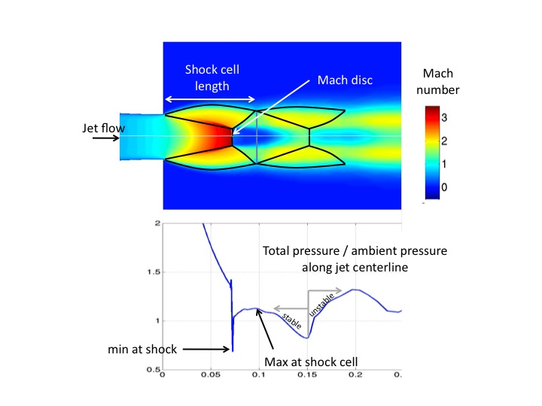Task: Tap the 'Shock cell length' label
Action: pyautogui.click(x=208, y=77)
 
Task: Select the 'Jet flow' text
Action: pyautogui.click(x=102, y=128)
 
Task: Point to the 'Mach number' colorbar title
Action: pyautogui.click(x=442, y=83)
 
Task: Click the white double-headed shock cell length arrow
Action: pyautogui.click(x=210, y=99)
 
